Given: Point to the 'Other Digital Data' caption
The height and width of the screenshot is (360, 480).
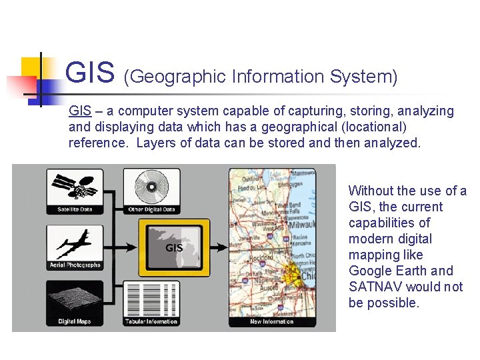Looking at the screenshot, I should pyautogui.click(x=151, y=210).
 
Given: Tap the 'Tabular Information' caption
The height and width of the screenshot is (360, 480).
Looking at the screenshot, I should pyautogui.click(x=151, y=321).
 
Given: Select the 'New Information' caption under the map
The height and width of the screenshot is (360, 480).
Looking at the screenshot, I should pyautogui.click(x=272, y=321).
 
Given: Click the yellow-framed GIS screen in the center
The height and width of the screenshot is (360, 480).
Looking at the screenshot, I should pyautogui.click(x=173, y=247).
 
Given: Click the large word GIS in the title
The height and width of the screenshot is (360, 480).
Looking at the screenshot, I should pyautogui.click(x=91, y=73).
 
